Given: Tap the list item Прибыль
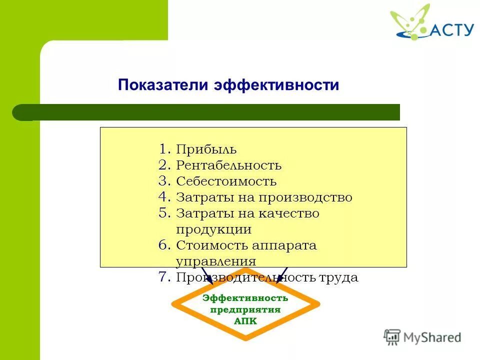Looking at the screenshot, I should pyautogui.click(x=206, y=149).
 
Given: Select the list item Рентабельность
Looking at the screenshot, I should pyautogui.click(x=228, y=165).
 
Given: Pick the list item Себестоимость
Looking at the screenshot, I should pyautogui.click(x=226, y=181).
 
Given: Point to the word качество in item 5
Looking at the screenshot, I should pyautogui.click(x=289, y=213).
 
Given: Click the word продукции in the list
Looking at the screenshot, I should pyautogui.click(x=213, y=229).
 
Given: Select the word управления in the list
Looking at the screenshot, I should pyautogui.click(x=216, y=261).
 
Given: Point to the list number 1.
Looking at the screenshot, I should pyautogui.click(x=165, y=149).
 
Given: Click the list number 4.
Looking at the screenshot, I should pyautogui.click(x=165, y=197).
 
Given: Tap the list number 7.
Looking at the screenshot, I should pyautogui.click(x=165, y=277).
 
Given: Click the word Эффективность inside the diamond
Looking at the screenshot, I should pyautogui.click(x=245, y=298).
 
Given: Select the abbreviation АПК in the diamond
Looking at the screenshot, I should pyautogui.click(x=245, y=321).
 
